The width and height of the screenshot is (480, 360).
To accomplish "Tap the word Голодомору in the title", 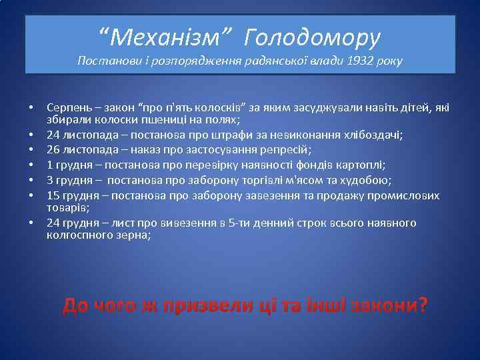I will [312, 38].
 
